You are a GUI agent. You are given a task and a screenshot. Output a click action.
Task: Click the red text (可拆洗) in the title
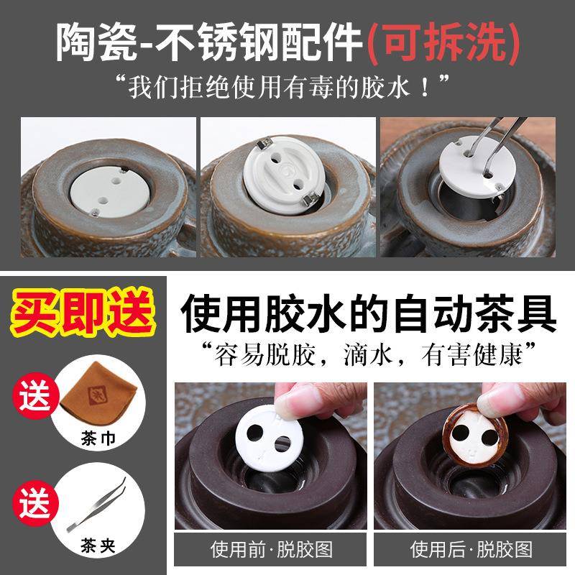[x=444, y=45]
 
